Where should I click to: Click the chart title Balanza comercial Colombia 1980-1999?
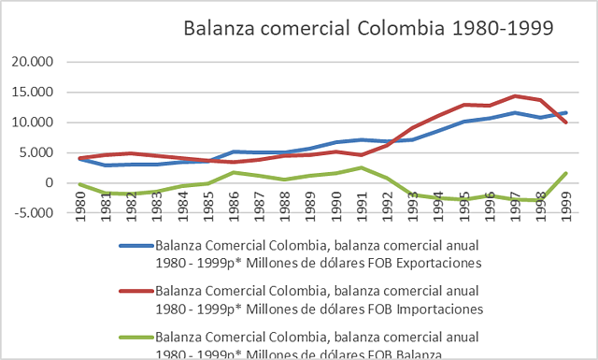[x=369, y=28]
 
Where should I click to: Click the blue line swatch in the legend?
[x=135, y=247]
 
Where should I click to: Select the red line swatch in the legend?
[x=135, y=293]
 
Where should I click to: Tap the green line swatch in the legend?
[x=135, y=338]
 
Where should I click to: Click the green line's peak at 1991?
[x=361, y=167]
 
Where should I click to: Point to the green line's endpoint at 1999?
[x=566, y=173]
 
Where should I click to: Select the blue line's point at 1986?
[x=235, y=151]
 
